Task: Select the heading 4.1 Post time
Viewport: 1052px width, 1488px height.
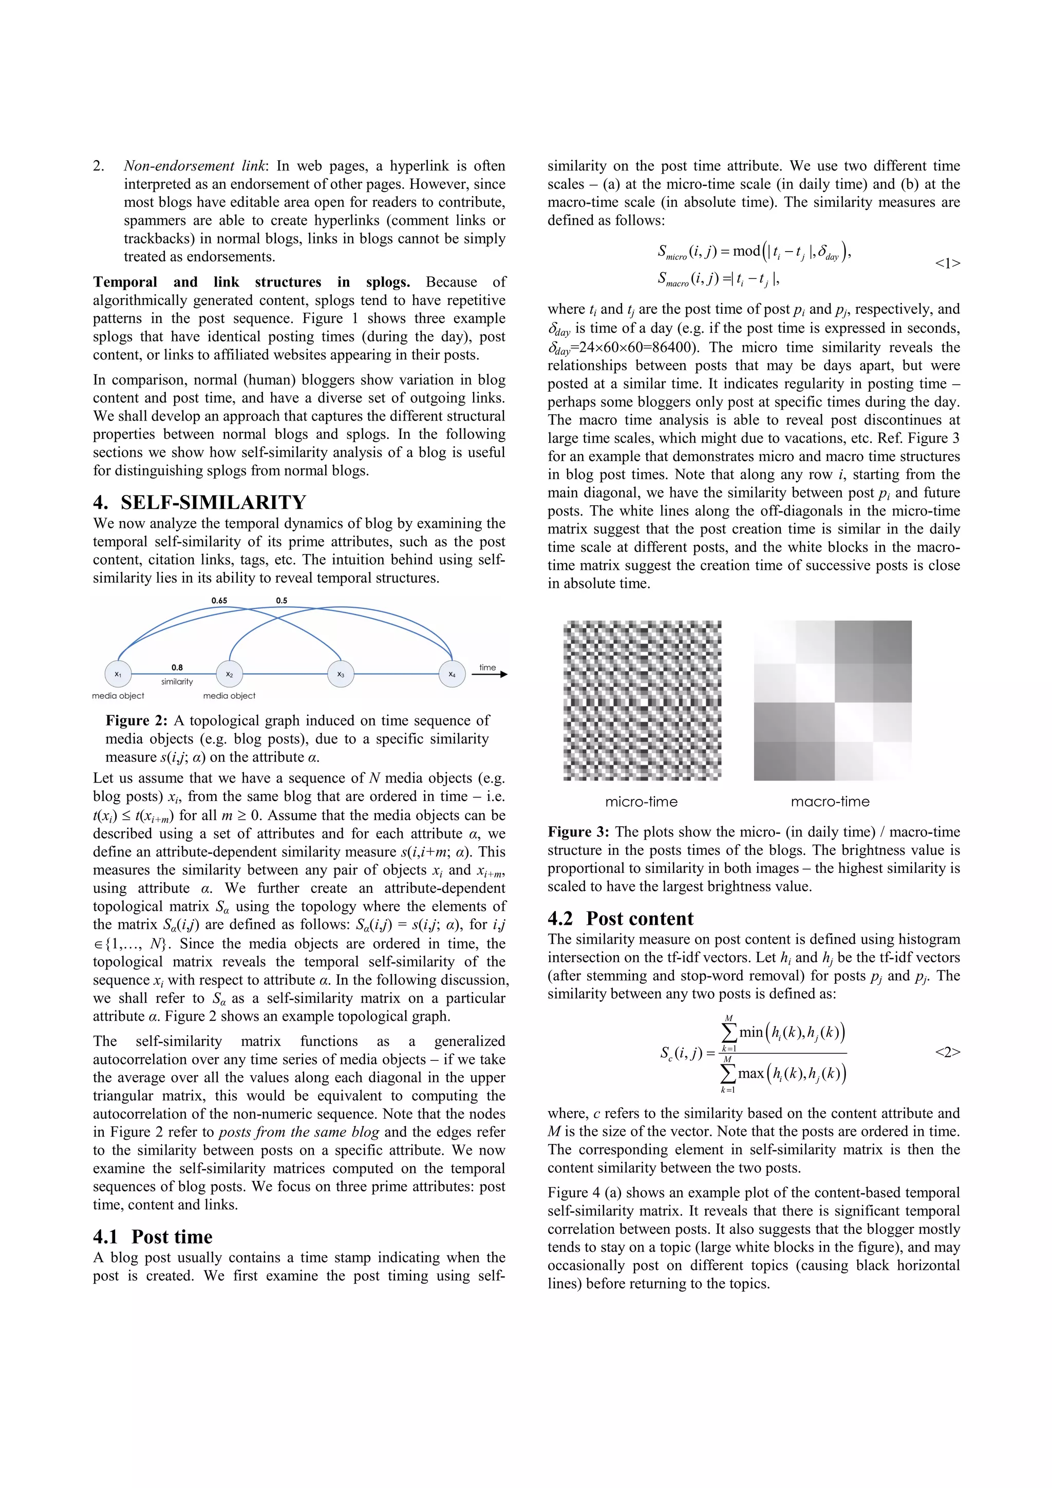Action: [x=153, y=1236]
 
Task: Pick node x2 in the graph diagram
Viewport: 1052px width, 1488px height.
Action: [x=230, y=674]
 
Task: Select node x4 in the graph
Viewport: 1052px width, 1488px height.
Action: [x=452, y=674]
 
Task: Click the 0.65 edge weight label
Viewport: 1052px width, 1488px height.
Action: [x=219, y=601]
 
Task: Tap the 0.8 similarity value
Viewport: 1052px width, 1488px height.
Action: [x=177, y=667]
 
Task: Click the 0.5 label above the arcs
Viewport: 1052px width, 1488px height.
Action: [x=281, y=601]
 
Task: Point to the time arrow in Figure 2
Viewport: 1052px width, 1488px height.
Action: [x=490, y=674]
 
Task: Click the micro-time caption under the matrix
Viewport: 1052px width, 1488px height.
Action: [x=641, y=802]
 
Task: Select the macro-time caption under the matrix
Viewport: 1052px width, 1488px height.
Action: [x=830, y=802]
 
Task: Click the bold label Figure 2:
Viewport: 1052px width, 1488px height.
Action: [x=137, y=721]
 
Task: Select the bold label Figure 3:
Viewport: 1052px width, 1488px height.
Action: [x=578, y=832]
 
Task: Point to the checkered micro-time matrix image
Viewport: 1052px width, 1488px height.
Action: [x=642, y=700]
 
